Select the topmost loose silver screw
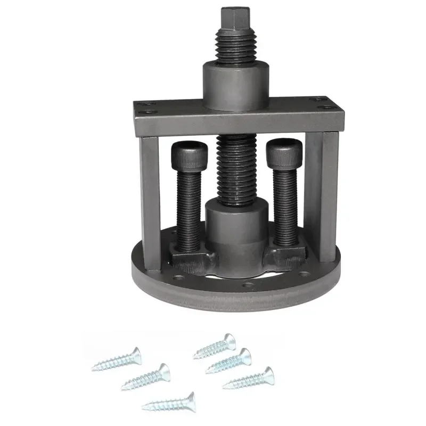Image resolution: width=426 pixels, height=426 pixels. tap(215, 346)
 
